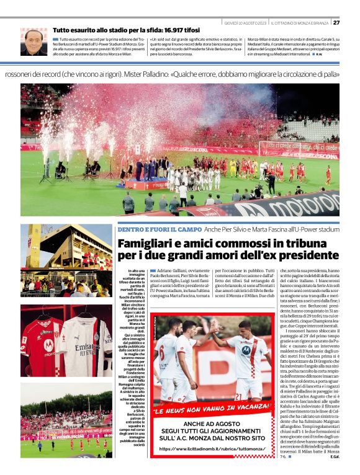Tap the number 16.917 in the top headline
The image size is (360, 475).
point(163,29)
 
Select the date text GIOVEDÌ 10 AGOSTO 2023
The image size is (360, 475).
point(245,22)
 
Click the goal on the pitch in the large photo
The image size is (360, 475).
point(294,149)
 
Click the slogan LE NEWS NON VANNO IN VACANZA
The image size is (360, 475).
point(211,410)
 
